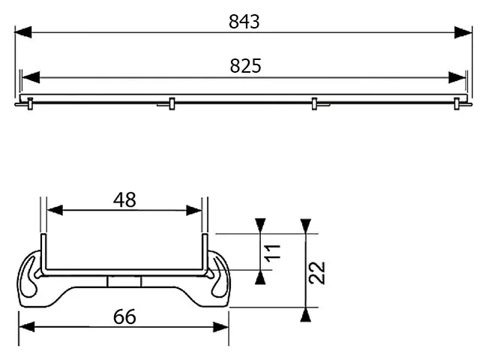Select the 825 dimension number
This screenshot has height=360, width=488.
245,66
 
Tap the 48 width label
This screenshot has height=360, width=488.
124,199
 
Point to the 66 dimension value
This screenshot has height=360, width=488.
124,316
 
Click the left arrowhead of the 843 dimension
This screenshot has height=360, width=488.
23,32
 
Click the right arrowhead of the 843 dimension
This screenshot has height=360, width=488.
464,32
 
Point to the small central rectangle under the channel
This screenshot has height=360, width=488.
124,280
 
